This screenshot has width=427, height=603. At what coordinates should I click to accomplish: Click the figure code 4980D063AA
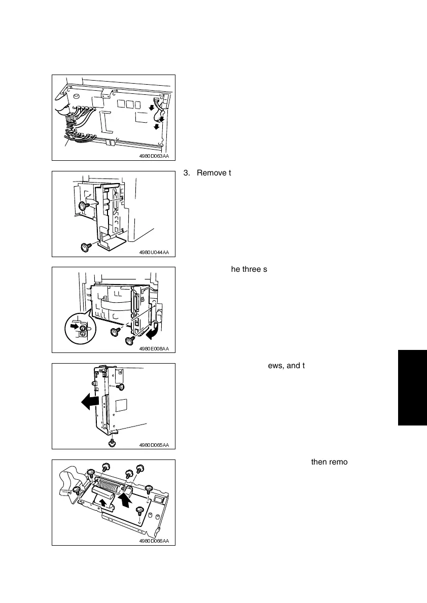[154, 156]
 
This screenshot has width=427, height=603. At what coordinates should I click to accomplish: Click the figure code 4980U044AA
[154, 252]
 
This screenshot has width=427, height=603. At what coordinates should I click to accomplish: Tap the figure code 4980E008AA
[154, 348]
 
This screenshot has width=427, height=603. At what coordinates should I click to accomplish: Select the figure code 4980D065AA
[154, 445]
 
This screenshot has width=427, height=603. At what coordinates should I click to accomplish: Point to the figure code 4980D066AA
[154, 541]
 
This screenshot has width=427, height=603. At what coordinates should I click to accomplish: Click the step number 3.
[186, 173]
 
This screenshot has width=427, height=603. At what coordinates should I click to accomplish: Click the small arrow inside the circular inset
[75, 326]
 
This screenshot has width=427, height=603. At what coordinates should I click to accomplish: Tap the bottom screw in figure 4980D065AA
[112, 443]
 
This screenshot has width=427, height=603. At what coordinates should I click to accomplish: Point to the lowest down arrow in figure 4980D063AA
[157, 126]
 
